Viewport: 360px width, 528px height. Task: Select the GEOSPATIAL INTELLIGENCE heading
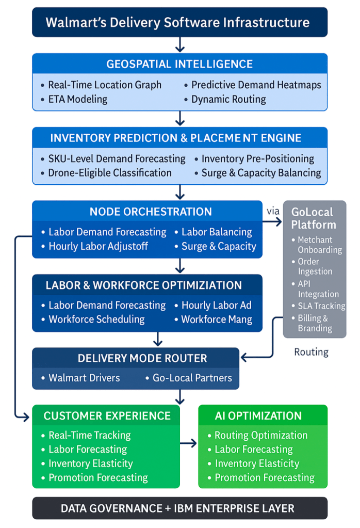(x=179, y=64)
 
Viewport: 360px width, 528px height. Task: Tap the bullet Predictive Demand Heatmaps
(x=256, y=85)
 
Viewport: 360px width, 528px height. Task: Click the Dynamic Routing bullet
(x=228, y=99)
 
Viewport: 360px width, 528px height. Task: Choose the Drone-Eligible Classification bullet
(x=110, y=173)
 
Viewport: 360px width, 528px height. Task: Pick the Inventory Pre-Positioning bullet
(x=258, y=159)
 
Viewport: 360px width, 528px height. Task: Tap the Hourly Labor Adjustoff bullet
(x=98, y=246)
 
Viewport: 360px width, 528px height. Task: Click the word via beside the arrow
(x=273, y=211)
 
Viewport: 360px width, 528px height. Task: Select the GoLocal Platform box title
(x=313, y=218)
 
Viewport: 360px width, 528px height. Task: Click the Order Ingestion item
(x=315, y=266)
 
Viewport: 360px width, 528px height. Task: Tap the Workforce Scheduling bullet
(x=96, y=319)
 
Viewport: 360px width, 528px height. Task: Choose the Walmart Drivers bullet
(x=84, y=378)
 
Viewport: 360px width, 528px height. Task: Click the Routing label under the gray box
(x=311, y=353)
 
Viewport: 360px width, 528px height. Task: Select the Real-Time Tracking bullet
(x=89, y=435)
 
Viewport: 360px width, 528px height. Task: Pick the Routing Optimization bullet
(x=261, y=435)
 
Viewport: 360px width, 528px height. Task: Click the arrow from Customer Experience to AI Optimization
(x=189, y=443)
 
